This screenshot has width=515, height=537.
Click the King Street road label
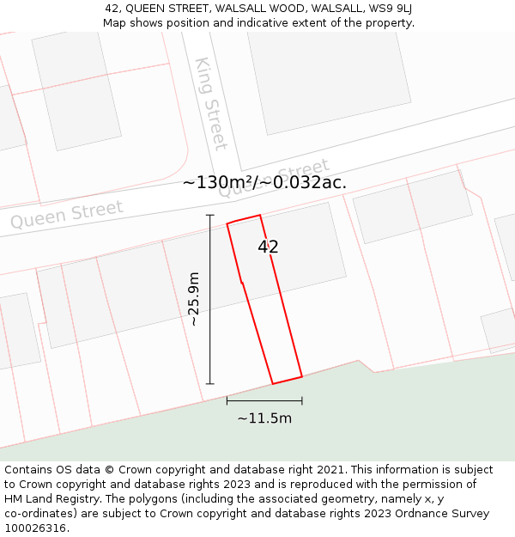pos(210,104)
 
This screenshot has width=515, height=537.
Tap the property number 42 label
pos(268,247)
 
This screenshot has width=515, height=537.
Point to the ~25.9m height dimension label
pos(194,299)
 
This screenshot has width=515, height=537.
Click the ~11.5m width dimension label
pos(264,418)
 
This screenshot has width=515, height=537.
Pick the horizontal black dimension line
pos(264,400)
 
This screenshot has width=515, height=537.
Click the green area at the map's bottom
pos(386,412)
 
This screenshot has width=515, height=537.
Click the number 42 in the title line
pos(112,8)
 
